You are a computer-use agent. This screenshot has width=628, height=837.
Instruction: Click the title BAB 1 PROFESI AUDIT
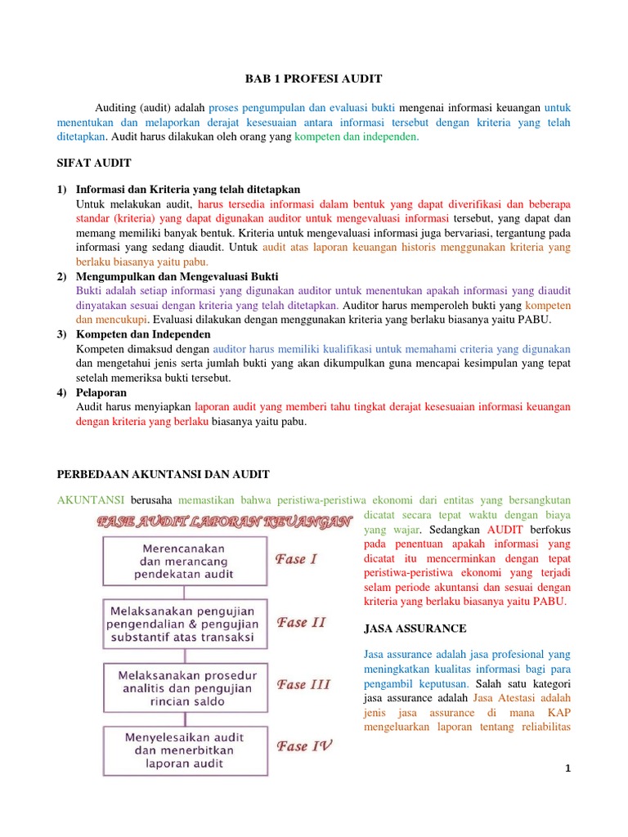(313, 79)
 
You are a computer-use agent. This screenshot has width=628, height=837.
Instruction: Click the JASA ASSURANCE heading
(414, 629)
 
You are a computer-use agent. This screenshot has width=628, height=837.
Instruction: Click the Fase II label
(302, 622)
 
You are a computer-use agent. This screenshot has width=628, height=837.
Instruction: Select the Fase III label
(303, 684)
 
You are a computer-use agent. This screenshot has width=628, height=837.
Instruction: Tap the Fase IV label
(303, 745)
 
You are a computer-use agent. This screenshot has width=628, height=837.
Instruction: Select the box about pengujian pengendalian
(184, 624)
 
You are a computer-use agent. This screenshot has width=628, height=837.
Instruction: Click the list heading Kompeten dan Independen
(143, 334)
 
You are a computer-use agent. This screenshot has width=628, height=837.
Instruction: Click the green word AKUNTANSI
(90, 499)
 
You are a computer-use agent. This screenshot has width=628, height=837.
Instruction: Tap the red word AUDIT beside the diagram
(510, 530)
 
